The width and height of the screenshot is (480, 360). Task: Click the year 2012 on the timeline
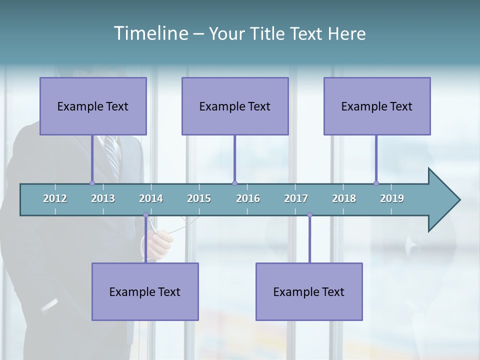[55, 198]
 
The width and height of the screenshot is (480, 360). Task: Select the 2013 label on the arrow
[103, 198]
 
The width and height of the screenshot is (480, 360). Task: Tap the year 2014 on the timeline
[151, 198]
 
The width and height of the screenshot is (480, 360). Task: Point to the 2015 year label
[199, 198]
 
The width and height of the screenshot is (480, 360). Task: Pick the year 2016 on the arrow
[248, 198]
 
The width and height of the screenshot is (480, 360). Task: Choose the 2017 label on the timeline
[296, 198]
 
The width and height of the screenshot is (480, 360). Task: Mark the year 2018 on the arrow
[344, 198]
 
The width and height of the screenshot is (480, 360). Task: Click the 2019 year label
[392, 198]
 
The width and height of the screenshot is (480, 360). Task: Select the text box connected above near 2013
[93, 106]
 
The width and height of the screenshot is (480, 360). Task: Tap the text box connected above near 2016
[235, 106]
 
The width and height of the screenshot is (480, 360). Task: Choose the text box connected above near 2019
[377, 106]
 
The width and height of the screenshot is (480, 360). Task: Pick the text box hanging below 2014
[145, 291]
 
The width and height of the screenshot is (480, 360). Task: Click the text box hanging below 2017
[309, 291]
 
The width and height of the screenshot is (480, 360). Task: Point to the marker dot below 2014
[145, 215]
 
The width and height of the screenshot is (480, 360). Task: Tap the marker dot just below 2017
[309, 215]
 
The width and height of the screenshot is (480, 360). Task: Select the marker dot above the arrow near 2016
[234, 183]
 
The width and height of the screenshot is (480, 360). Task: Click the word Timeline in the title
[150, 33]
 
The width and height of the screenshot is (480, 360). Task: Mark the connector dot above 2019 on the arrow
[376, 183]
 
